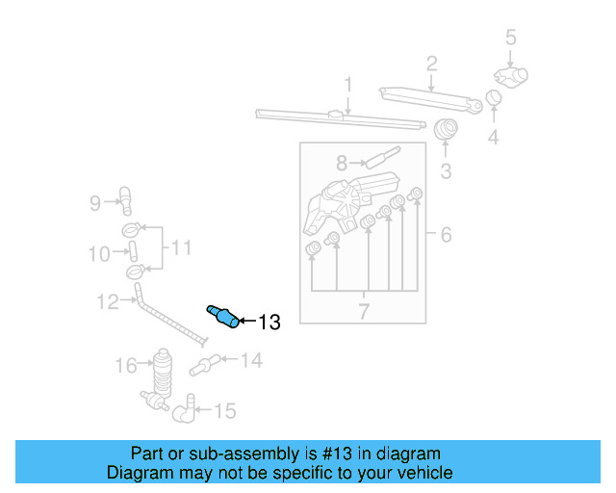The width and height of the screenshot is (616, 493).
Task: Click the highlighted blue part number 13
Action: [x=223, y=316]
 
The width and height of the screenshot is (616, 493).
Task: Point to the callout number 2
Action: [x=432, y=65]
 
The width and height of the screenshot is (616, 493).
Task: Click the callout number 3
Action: [x=446, y=172]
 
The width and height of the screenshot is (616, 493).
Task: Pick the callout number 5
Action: [x=510, y=39]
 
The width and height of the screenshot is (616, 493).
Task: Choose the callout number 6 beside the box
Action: [x=445, y=235]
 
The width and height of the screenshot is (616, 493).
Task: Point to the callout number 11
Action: [x=181, y=248]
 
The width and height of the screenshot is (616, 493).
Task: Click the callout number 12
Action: [x=107, y=301]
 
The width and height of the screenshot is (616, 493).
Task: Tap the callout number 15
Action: [x=223, y=411]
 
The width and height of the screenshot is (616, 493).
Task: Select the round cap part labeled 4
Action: [x=493, y=98]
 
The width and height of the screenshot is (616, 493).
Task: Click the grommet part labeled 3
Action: [x=446, y=129]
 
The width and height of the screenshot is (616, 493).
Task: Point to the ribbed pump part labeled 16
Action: [x=162, y=370]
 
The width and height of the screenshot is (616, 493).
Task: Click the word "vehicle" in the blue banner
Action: [x=421, y=473]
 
